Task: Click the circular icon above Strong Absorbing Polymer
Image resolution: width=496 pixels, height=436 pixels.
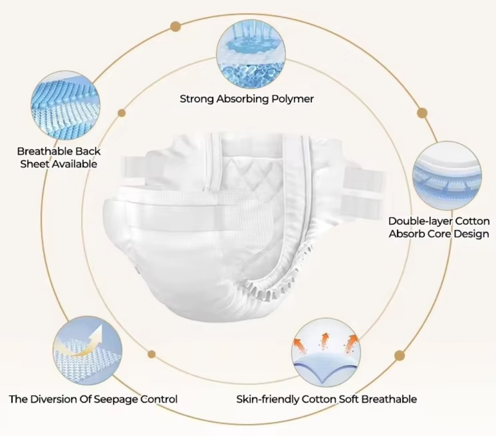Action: (251, 54)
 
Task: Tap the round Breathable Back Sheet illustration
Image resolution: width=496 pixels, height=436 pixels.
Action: (65, 105)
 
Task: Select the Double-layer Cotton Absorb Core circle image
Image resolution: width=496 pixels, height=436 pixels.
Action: (448, 176)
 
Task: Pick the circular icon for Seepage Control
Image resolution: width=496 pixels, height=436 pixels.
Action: (88, 350)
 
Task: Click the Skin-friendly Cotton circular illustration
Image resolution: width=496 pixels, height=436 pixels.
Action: (326, 353)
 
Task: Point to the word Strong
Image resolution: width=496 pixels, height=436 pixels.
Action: (197, 99)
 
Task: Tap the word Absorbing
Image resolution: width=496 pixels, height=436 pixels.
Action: (242, 99)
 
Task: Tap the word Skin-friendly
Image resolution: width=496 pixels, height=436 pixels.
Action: (268, 399)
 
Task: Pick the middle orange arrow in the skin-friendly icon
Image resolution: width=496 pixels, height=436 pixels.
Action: (324, 341)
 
